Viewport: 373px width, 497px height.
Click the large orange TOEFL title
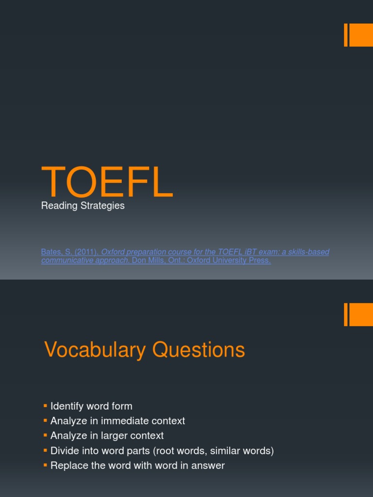click(x=107, y=182)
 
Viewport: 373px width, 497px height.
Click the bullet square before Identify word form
click(x=45, y=405)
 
